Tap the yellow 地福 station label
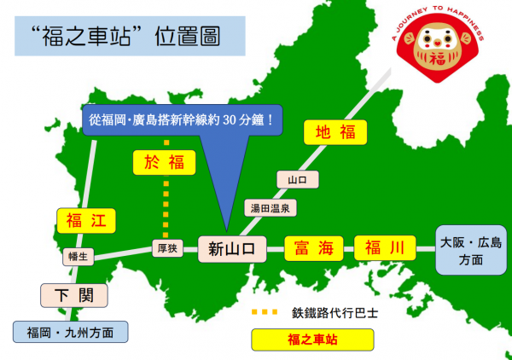coord(335,132)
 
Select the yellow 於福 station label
coord(165,160)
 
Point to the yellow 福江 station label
coord(84,221)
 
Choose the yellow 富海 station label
coord(313,248)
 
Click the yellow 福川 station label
coord(385,248)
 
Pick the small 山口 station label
coord(297,180)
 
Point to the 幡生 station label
coord(79,255)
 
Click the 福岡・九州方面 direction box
coord(71,330)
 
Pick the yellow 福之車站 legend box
coord(312,340)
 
